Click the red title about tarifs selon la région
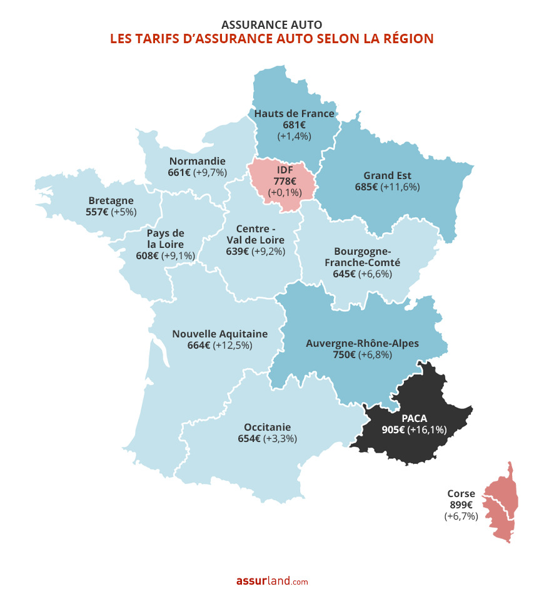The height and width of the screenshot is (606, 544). click(271, 39)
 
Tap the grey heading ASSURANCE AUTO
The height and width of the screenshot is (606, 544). click(271, 24)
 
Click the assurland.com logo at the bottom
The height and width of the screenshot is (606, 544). click(271, 581)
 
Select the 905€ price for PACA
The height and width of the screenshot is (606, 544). click(393, 429)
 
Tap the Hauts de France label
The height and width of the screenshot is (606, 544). click(294, 113)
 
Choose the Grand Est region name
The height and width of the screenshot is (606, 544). click(387, 175)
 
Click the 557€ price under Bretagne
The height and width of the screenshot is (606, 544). click(97, 212)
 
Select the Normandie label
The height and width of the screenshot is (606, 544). click(197, 160)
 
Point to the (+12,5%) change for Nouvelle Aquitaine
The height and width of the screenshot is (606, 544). click(233, 345)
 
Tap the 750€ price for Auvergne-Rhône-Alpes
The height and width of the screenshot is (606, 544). click(345, 355)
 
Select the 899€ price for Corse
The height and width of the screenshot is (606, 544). click(461, 505)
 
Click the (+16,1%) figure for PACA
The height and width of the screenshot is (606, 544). click(428, 429)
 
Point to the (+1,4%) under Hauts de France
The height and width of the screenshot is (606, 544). click(294, 135)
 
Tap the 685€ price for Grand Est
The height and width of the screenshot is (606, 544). click(366, 187)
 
